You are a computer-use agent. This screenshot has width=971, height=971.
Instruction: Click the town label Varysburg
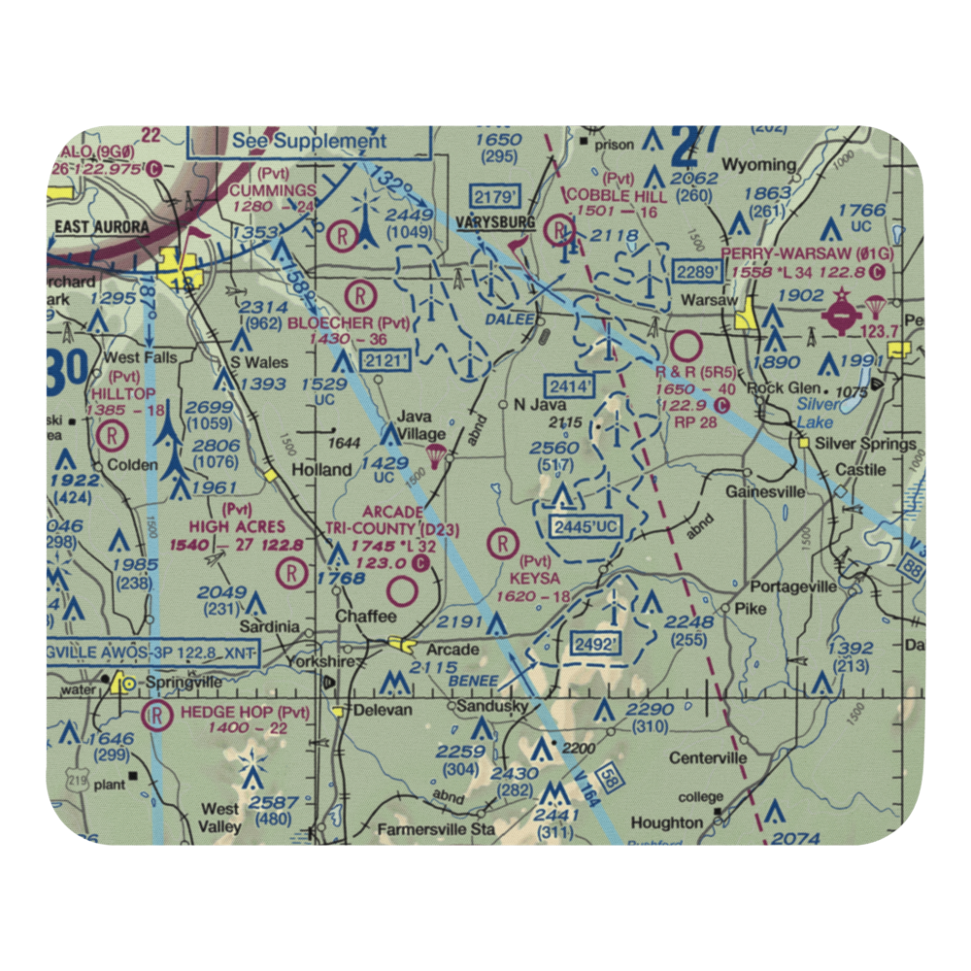click(x=494, y=223)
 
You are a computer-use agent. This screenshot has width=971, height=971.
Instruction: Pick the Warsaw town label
click(x=709, y=300)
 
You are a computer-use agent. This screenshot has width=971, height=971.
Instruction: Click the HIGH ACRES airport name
click(x=237, y=526)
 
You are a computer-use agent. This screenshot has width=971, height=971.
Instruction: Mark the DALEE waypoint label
click(x=517, y=318)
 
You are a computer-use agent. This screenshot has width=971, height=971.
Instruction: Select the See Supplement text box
click(x=309, y=141)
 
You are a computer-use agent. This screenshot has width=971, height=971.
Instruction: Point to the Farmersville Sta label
click(x=437, y=830)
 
